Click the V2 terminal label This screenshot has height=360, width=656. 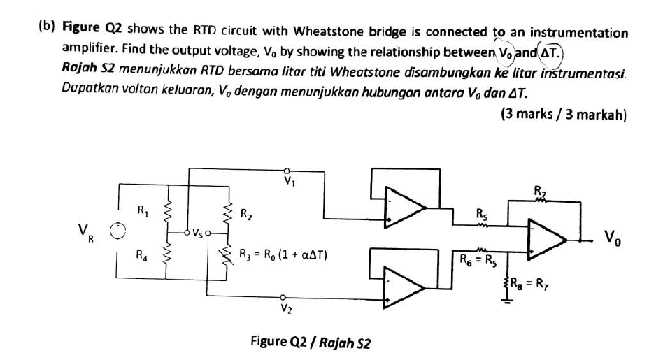pos(285,308)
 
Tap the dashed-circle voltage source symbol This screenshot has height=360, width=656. pos(120,231)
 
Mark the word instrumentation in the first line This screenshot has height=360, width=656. pos(578,33)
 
